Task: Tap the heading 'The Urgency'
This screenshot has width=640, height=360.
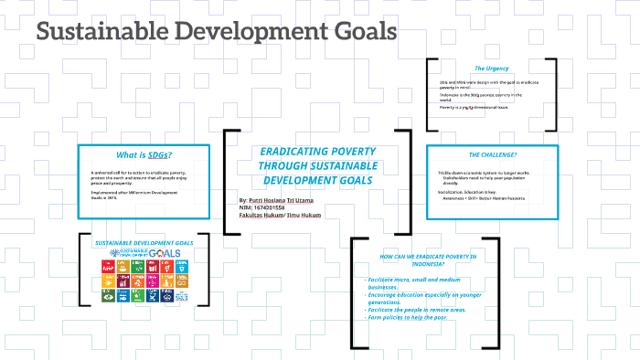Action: point(491,68)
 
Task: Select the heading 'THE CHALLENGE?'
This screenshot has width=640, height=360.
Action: point(492,155)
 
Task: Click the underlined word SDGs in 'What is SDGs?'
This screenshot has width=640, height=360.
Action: point(160,154)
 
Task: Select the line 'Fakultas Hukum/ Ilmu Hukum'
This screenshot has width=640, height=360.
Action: point(276,215)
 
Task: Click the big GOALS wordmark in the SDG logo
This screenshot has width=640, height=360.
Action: point(166,252)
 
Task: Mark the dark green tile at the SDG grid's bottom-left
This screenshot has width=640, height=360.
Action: point(105,296)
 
